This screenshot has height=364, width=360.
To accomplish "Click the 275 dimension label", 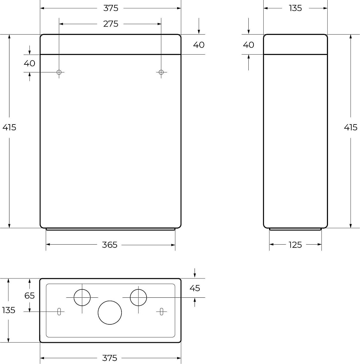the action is click(111, 24).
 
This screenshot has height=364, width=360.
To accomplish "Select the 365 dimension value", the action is click(109, 245).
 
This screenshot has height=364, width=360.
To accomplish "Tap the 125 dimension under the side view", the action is click(295, 245).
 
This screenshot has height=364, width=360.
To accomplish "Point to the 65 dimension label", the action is click(29, 296).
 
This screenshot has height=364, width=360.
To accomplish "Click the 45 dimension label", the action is click(195, 288).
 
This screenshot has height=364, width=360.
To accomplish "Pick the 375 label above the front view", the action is click(111, 8).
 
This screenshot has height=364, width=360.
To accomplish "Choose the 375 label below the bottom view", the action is click(109, 358).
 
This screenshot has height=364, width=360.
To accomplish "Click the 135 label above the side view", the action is click(295, 8).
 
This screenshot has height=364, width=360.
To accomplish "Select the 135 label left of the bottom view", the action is click(9, 310).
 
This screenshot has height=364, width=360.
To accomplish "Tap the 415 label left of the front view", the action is click(9, 127).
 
